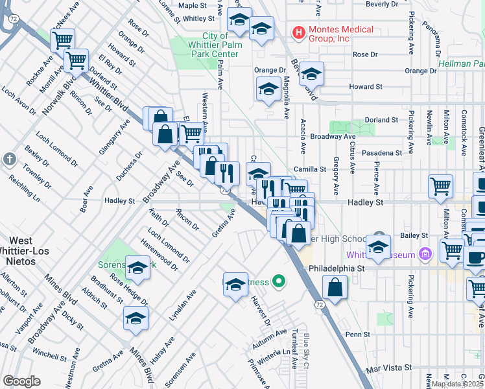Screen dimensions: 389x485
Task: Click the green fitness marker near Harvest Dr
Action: [279, 281]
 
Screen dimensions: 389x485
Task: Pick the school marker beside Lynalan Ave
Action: [136, 318]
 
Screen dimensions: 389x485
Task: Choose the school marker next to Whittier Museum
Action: [378, 246]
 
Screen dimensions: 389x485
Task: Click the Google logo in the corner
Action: [21, 381]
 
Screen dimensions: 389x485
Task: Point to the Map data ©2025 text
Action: [456, 383]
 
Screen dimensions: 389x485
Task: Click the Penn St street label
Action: [357, 335]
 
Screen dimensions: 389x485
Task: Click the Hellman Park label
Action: [461, 64]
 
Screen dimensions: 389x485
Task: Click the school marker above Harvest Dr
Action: [235, 284]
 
